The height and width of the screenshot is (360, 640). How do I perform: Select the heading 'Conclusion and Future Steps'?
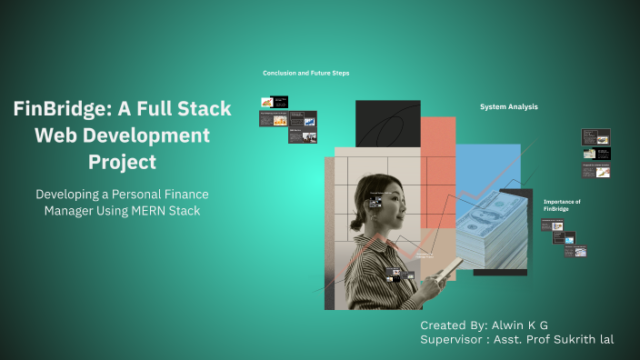tap(306, 73)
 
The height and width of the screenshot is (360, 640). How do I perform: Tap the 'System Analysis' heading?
tap(509, 106)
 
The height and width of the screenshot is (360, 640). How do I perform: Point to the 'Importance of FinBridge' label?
tap(562, 205)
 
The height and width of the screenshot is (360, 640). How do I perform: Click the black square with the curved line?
tap(387, 123)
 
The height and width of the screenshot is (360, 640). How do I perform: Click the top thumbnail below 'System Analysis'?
tap(595, 137)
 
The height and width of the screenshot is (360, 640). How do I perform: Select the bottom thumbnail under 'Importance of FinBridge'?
tap(575, 251)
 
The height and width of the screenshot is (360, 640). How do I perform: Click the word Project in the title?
tap(122, 163)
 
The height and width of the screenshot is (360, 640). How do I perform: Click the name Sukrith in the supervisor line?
tap(571, 339)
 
